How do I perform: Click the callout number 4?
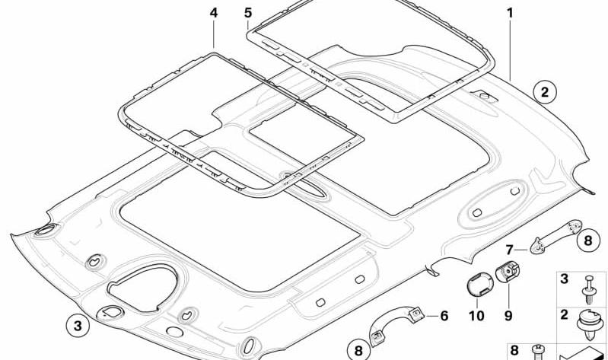(x=214, y=13)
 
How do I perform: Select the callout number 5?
(x=248, y=13)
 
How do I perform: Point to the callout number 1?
(x=510, y=13)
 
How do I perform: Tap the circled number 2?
(x=545, y=92)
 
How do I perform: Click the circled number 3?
(x=78, y=326)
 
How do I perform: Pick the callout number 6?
(x=444, y=316)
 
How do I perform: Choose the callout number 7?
(x=509, y=250)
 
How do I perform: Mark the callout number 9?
(x=508, y=316)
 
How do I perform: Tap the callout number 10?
(x=476, y=316)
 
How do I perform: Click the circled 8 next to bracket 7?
(x=588, y=241)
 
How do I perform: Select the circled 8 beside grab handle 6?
(x=358, y=350)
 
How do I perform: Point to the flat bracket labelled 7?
(x=555, y=237)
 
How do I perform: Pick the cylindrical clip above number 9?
(x=508, y=272)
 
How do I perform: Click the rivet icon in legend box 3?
(x=589, y=289)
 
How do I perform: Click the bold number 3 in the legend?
(x=564, y=279)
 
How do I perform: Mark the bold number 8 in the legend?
(x=514, y=351)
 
